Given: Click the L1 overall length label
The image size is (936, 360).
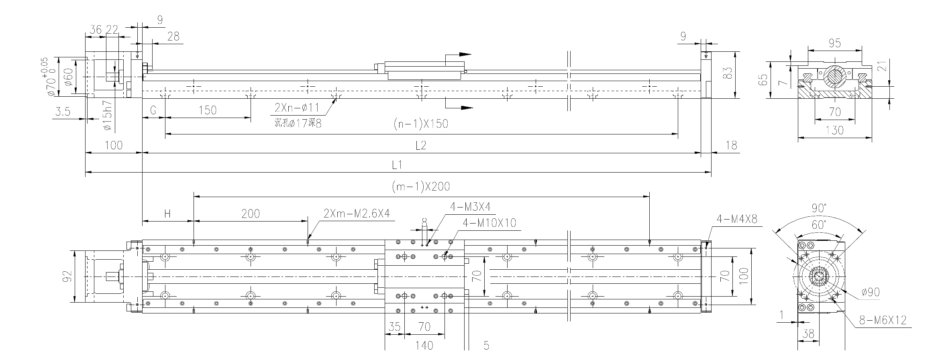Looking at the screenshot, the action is tap(397, 164).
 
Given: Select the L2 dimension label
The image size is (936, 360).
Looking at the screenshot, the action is tap(420, 145).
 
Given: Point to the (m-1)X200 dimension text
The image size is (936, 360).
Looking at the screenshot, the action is tap(420, 186).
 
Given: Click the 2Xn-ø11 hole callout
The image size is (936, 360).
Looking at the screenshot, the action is tap(297, 107).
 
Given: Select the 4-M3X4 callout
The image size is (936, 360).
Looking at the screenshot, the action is tap(470, 207).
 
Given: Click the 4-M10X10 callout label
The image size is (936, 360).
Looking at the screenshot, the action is tap(489, 223).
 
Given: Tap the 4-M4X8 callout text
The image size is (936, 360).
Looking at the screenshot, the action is tap(737, 219).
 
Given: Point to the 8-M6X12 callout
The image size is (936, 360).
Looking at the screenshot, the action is tap(883, 320).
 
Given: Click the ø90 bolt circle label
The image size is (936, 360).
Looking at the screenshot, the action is tap(870, 292).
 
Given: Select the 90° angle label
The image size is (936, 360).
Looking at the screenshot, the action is tap(819, 208).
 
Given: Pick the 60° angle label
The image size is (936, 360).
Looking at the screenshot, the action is tap(818, 225).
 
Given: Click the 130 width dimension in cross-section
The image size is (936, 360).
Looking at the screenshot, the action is tap(835, 130).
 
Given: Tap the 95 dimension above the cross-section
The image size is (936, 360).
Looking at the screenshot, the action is tap(834, 43).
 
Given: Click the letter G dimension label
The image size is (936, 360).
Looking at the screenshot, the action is tap(153, 110).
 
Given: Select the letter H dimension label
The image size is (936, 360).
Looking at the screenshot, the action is tap(168, 214).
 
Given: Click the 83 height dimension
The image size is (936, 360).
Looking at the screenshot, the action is tap(727, 73).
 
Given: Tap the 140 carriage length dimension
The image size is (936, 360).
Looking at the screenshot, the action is tap(424, 345).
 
